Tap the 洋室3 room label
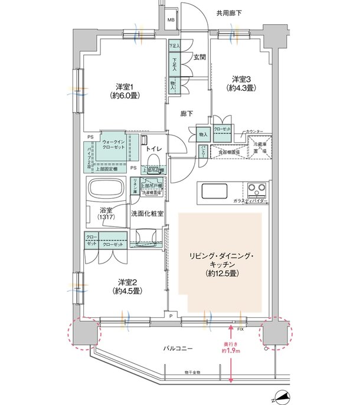point(243,83)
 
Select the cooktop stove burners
point(257,191)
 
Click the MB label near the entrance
point(171,22)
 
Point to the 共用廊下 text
point(229,12)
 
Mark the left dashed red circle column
point(83,332)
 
